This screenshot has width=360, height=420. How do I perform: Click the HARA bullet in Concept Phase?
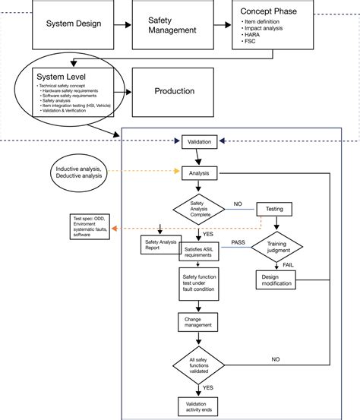(253, 35)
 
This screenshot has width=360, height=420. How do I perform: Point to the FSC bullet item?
(251, 43)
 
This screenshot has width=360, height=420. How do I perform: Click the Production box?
(174, 91)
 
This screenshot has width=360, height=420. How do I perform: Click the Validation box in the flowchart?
(199, 141)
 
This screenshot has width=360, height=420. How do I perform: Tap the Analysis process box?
(199, 173)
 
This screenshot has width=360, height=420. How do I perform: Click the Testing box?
(274, 209)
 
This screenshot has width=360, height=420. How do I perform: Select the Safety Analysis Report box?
(159, 245)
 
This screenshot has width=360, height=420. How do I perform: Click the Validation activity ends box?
(198, 406)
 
